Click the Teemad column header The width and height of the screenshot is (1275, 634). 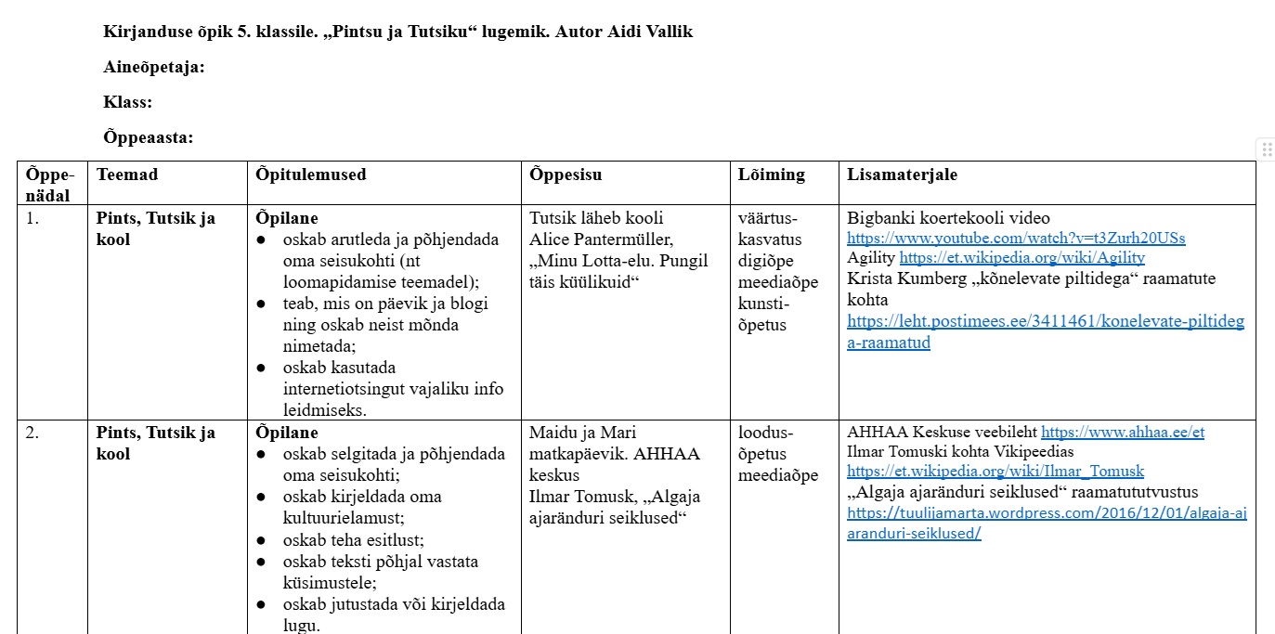tap(127, 175)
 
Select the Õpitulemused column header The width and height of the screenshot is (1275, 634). tap(311, 175)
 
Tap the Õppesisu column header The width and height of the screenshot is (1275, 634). tap(566, 175)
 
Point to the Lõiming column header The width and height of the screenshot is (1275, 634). tap(772, 175)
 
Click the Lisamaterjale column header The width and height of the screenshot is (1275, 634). tap(902, 175)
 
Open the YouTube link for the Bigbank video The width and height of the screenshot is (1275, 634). tap(1016, 239)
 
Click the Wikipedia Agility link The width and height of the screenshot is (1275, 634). tap(1021, 258)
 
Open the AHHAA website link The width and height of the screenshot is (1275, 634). tap(1122, 433)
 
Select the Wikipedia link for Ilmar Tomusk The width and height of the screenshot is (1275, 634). tap(995, 472)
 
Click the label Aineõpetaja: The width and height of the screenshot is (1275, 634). tap(154, 67)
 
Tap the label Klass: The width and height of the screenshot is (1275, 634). tap(128, 102)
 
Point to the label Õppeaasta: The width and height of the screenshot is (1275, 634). tap(149, 138)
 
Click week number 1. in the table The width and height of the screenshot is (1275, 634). tap(33, 219)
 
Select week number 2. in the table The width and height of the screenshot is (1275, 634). tap(33, 433)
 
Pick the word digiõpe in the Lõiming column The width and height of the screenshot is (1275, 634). tap(766, 261)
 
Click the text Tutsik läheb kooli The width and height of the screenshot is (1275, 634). tap(596, 219)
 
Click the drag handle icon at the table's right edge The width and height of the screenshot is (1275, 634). tap(1267, 149)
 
